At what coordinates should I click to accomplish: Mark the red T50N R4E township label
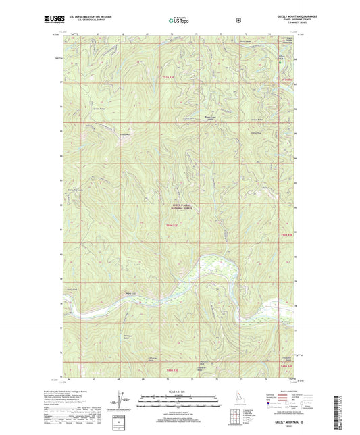(x=288, y=234)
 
